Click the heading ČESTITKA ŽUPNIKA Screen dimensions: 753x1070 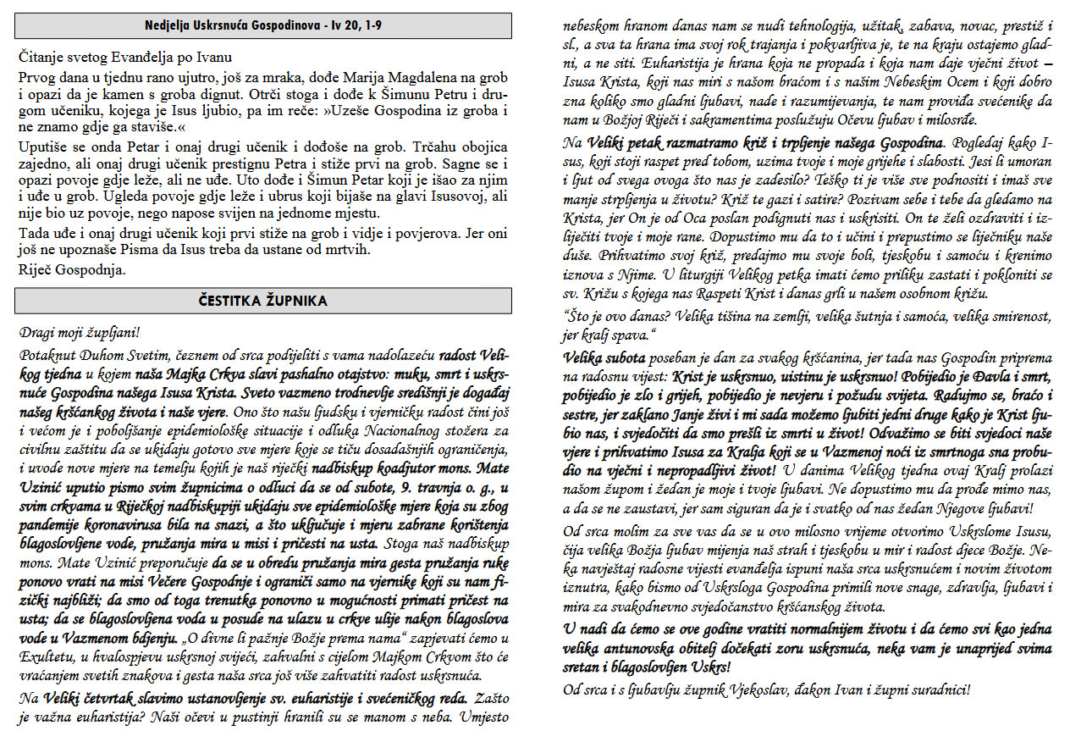(x=262, y=301)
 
